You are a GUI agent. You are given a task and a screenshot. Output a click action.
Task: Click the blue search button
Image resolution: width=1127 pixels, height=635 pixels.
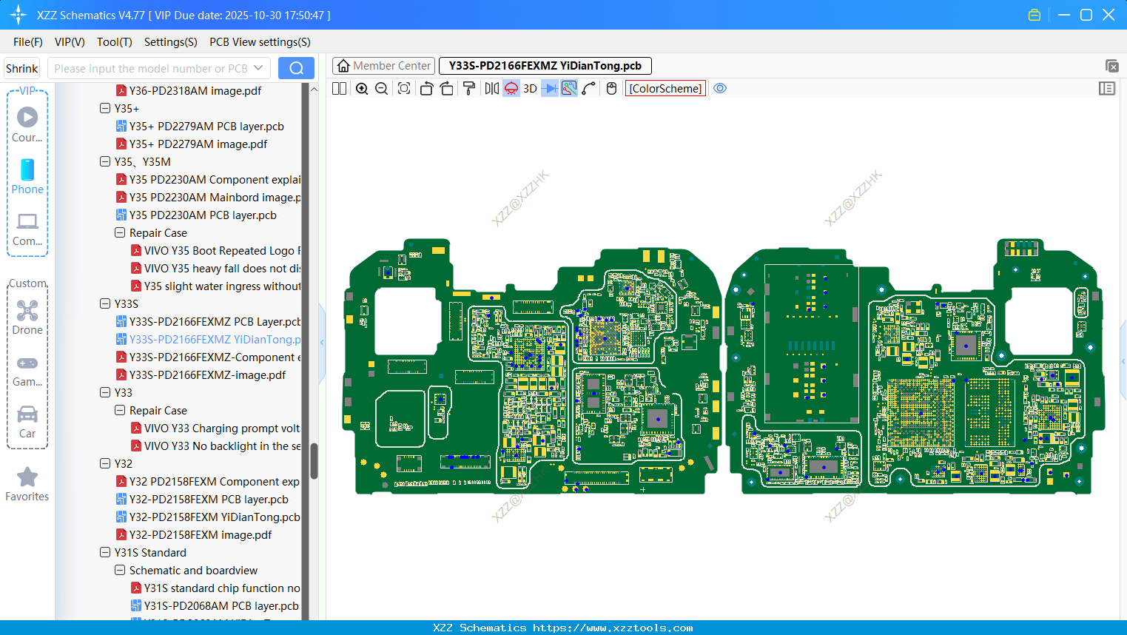pyautogui.click(x=296, y=68)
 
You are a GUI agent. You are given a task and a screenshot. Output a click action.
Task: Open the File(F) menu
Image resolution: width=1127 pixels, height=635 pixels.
pyautogui.click(x=28, y=42)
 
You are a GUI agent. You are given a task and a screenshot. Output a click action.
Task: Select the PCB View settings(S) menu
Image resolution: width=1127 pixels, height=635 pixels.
pyautogui.click(x=260, y=42)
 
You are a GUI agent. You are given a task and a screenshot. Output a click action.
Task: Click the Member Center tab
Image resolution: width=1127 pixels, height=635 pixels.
pyautogui.click(x=383, y=66)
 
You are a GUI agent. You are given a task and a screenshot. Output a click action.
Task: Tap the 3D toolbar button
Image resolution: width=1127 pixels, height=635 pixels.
pyautogui.click(x=530, y=89)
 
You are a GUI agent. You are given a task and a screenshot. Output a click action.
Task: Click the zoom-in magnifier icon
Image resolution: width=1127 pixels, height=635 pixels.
pyautogui.click(x=362, y=89)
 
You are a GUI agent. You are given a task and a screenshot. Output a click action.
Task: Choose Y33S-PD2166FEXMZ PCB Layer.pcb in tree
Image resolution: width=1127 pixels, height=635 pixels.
pyautogui.click(x=214, y=322)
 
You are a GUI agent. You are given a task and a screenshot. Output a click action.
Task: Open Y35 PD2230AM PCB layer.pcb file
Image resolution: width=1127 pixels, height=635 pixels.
pyautogui.click(x=202, y=215)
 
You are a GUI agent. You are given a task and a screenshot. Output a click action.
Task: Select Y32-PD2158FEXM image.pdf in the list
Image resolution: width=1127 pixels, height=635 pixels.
pyautogui.click(x=200, y=535)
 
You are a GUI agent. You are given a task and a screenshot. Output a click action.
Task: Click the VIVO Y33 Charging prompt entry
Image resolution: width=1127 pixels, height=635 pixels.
pyautogui.click(x=221, y=429)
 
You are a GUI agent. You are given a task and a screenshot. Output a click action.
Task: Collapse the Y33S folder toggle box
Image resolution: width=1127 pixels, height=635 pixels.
pyautogui.click(x=105, y=303)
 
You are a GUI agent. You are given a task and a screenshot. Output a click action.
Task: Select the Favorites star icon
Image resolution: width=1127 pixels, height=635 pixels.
pyautogui.click(x=27, y=477)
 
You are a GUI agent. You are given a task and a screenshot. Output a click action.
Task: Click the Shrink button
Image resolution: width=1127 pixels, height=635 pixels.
pyautogui.click(x=21, y=68)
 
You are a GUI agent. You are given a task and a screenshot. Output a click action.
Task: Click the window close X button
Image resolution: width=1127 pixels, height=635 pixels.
pyautogui.click(x=1109, y=15)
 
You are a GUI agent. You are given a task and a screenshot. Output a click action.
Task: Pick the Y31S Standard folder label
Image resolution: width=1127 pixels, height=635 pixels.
pyautogui.click(x=150, y=553)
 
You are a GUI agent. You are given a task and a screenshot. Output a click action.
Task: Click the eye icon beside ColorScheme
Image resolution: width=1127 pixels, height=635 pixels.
pyautogui.click(x=720, y=89)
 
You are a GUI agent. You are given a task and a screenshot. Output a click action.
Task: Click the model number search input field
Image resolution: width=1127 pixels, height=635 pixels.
pyautogui.click(x=151, y=68)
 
